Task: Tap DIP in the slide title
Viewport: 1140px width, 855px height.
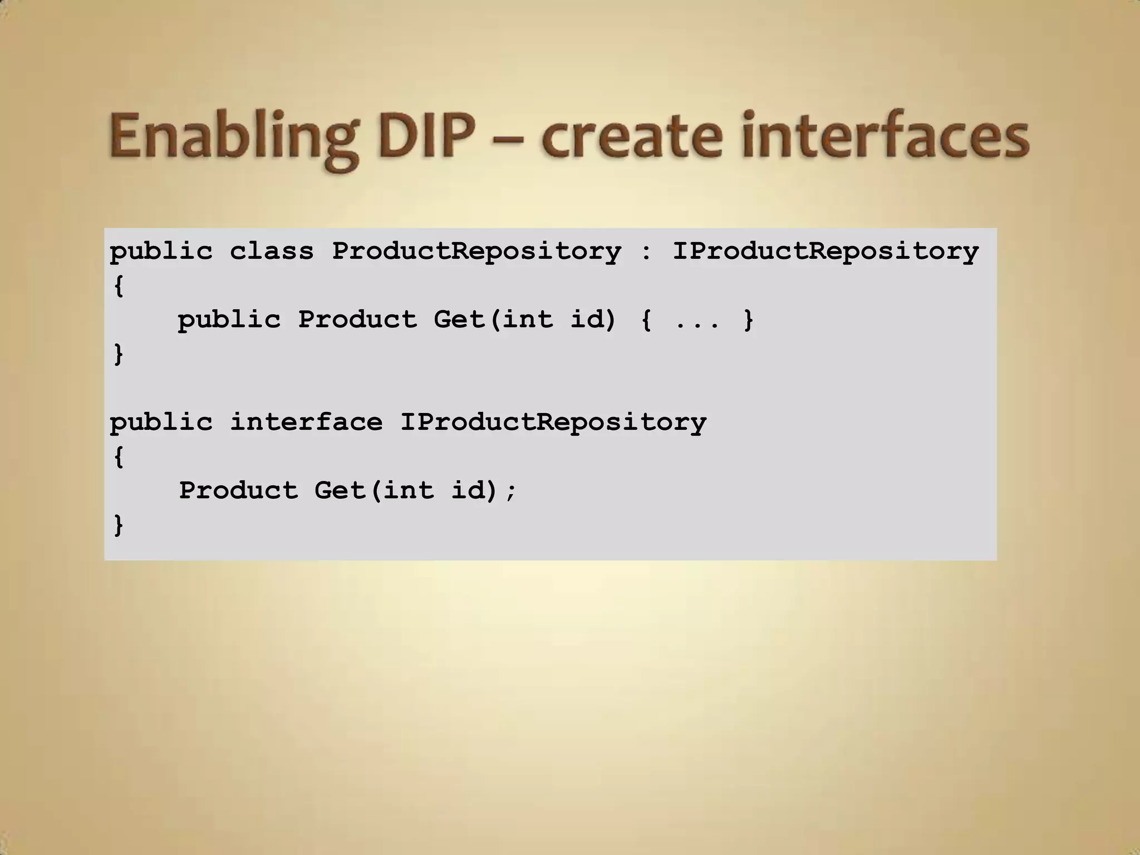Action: [426, 136]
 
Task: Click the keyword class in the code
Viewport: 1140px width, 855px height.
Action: [272, 252]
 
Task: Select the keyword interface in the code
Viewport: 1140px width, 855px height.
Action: [306, 422]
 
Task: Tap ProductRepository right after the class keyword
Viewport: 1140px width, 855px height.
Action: [476, 252]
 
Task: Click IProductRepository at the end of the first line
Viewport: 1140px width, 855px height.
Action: [825, 252]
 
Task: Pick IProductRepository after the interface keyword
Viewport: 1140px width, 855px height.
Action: [553, 422]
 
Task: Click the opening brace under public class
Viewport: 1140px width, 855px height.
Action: [118, 286]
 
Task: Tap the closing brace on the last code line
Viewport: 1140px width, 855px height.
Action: [118, 524]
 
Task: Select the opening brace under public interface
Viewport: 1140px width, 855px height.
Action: [118, 457]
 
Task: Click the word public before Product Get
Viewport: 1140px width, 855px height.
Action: [229, 320]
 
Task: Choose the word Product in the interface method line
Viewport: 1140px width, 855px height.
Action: [238, 491]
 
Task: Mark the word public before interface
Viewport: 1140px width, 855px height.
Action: [161, 422]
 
